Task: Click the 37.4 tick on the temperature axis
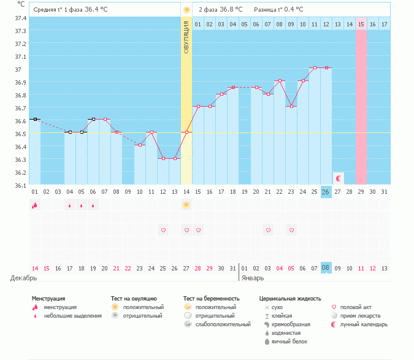click(x=21, y=18)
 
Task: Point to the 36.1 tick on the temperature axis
click(x=21, y=185)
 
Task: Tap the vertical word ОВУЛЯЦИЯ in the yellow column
click(x=186, y=37)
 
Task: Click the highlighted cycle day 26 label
click(x=326, y=192)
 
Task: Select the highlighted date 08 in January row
click(x=326, y=268)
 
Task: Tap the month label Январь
click(x=252, y=278)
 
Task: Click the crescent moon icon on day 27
click(x=338, y=178)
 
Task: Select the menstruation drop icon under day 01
click(x=35, y=205)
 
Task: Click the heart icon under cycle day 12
click(x=163, y=230)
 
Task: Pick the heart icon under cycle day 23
click(x=292, y=230)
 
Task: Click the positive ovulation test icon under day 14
click(x=186, y=205)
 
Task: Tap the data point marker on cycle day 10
click(x=140, y=145)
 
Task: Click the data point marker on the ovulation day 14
click(x=186, y=132)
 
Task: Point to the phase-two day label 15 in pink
click(x=361, y=24)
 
